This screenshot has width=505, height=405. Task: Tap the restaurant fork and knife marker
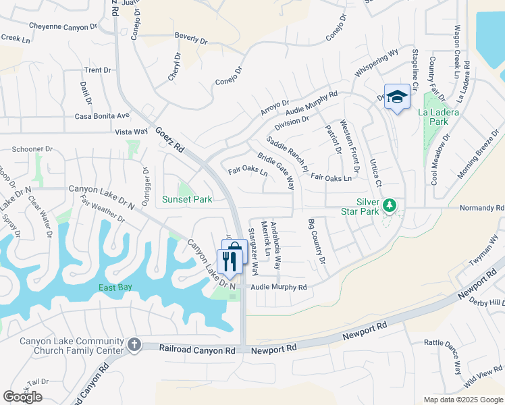[x=230, y=260]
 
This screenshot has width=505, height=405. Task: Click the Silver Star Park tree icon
[x=389, y=205]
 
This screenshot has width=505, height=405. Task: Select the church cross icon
[x=134, y=345]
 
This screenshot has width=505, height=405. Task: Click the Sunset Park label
[x=187, y=199]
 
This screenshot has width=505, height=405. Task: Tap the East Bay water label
[x=114, y=288]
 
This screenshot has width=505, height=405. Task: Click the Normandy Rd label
[x=482, y=209]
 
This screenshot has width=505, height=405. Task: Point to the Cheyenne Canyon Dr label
[x=61, y=27]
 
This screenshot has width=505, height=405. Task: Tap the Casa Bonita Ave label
[x=102, y=115]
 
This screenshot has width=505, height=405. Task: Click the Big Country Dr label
[x=317, y=242]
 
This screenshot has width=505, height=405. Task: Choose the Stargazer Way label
[x=252, y=252]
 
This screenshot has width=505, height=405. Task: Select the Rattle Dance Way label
[x=443, y=357]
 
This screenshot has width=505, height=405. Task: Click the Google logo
[x=22, y=397]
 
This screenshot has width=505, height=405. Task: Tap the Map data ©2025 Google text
[x=463, y=400]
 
